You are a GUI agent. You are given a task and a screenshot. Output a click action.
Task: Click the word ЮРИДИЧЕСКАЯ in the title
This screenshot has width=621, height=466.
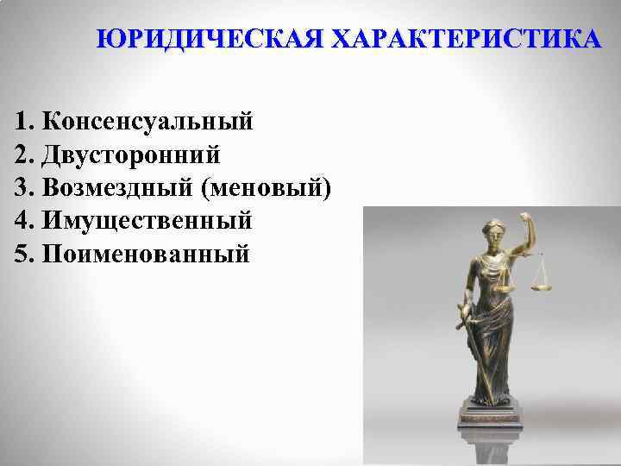[x=210, y=40]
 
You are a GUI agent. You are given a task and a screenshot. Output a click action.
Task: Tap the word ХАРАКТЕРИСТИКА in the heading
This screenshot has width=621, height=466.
[x=467, y=40]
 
